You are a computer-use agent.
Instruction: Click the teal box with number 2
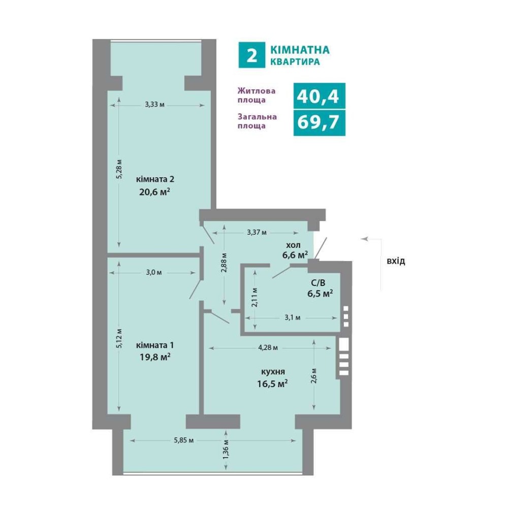252,55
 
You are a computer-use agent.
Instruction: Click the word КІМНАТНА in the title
300,50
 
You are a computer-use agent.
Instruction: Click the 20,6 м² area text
155,192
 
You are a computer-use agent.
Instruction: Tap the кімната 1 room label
155,345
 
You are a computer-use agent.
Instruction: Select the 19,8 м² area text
155,357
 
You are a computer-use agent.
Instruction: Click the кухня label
273,372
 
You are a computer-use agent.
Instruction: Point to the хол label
293,245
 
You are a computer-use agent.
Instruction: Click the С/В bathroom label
318,283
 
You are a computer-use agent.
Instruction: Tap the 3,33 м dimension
154,105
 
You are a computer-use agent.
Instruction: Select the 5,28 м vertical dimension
119,169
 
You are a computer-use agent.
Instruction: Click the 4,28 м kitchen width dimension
268,348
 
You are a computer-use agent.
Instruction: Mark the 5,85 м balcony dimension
184,440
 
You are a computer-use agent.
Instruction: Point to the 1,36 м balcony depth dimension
226,449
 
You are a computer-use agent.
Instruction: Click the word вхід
396,261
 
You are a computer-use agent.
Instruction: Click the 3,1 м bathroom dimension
293,317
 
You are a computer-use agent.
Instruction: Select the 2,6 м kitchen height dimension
313,375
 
